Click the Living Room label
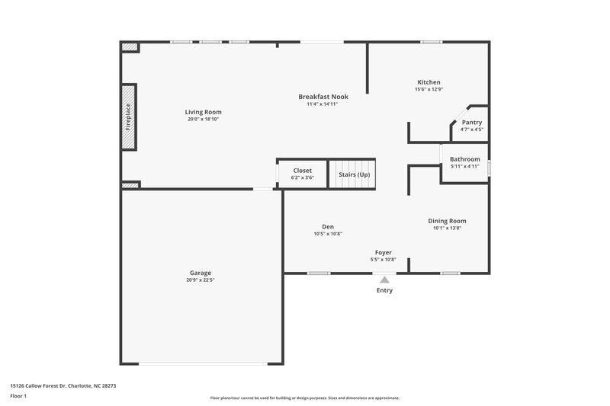point(203,112)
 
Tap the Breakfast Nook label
point(323,97)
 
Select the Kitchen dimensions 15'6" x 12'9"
point(429,90)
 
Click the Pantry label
point(472,122)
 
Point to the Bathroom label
point(464,159)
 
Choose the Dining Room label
point(448,221)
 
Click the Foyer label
point(383,252)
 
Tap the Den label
point(328,226)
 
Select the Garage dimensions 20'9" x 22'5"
point(201,280)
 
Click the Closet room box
point(301,174)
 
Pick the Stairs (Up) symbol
point(353,174)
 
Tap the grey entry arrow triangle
point(384,280)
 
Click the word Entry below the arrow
point(384,290)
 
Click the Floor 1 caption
point(18,397)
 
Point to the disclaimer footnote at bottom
point(304,398)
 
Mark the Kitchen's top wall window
point(432,42)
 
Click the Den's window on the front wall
point(319,273)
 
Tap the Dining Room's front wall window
point(450,273)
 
